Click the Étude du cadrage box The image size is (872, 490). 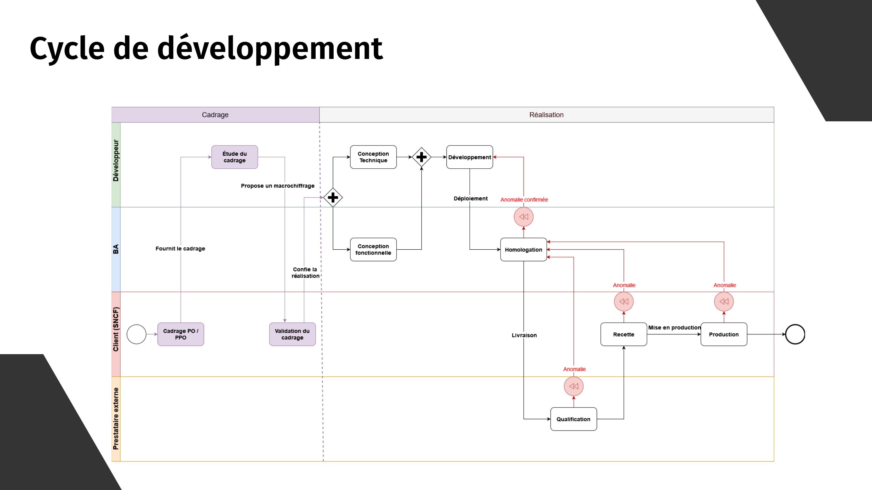[235, 157]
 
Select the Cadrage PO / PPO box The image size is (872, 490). [181, 334]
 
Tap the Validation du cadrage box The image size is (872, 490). [292, 334]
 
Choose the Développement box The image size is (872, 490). [469, 157]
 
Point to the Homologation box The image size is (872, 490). [523, 250]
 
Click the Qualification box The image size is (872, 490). [573, 419]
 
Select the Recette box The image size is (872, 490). [623, 334]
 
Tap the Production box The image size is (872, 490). [724, 334]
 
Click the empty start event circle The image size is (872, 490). [136, 334]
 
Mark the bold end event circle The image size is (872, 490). [795, 334]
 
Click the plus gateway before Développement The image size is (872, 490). [421, 157]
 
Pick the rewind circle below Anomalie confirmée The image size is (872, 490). [523, 217]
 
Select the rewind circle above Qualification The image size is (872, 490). [573, 386]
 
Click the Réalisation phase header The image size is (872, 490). [546, 115]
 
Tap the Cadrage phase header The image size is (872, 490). [215, 115]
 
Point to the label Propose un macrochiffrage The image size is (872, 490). [278, 186]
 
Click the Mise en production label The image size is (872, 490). [674, 327]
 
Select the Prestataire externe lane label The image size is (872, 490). [116, 419]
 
